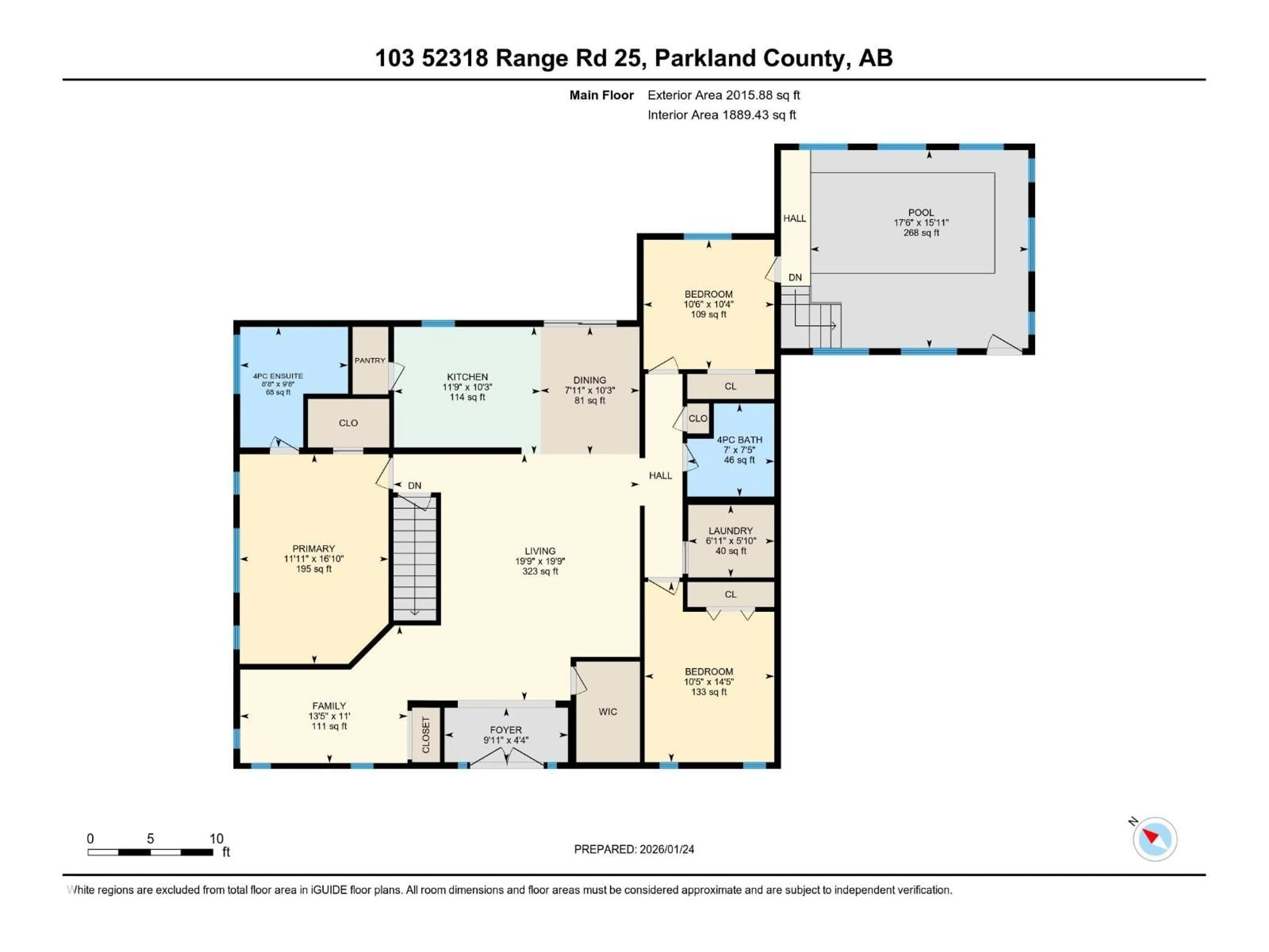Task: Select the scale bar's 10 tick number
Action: (216, 838)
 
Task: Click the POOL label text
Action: (921, 212)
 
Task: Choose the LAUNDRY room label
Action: (730, 531)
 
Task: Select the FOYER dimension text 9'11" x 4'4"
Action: (505, 740)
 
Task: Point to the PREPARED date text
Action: (634, 849)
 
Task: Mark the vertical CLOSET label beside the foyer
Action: (426, 735)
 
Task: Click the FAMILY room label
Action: (329, 706)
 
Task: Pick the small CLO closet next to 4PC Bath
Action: (698, 418)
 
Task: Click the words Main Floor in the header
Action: (601, 95)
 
